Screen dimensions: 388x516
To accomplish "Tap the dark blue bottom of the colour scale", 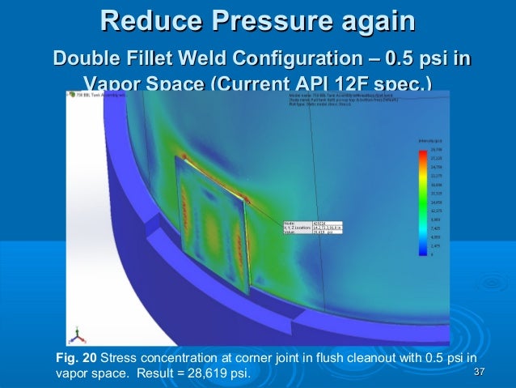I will click(422, 252).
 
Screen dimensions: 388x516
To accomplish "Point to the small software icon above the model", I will click(72, 95).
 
